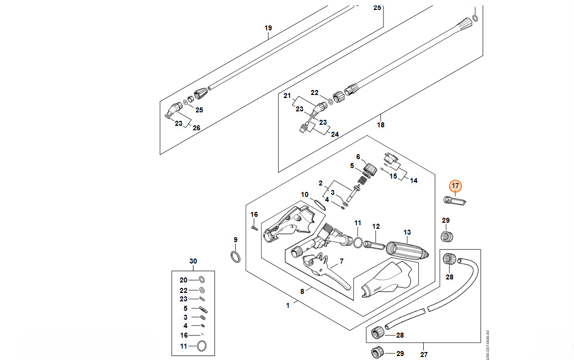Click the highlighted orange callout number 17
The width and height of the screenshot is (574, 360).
456,186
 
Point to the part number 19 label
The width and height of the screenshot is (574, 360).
268,28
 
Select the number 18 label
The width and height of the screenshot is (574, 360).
381,125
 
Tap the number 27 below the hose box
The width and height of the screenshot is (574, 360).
424,355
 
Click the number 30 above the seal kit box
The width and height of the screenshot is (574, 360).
193,261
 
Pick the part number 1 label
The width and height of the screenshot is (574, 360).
287,306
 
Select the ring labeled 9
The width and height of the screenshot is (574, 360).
236,257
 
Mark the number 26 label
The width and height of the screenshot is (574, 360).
196,128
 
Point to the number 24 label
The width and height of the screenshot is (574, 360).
335,134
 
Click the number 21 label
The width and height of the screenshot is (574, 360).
287,95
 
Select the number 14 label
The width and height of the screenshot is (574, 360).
413,180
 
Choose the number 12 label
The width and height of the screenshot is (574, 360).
376,226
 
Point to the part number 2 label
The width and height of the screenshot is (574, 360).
321,183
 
